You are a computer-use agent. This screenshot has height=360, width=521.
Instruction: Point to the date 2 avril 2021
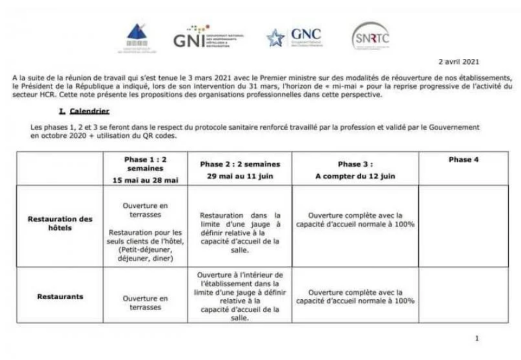point(458,62)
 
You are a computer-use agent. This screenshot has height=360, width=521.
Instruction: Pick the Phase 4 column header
point(463,160)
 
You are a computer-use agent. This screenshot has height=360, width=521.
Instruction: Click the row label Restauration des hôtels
point(60,223)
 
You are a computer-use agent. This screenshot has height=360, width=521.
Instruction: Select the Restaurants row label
point(60,297)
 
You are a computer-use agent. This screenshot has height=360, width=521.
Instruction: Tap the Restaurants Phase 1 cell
point(145,303)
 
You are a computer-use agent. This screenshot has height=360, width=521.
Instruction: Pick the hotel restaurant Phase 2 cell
point(240,232)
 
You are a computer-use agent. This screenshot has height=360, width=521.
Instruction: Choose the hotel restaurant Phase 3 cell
point(355,220)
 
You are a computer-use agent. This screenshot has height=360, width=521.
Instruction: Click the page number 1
point(477,339)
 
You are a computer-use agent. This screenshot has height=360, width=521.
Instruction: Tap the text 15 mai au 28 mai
point(145,180)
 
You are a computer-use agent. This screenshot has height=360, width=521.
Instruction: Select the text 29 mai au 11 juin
point(240,176)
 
